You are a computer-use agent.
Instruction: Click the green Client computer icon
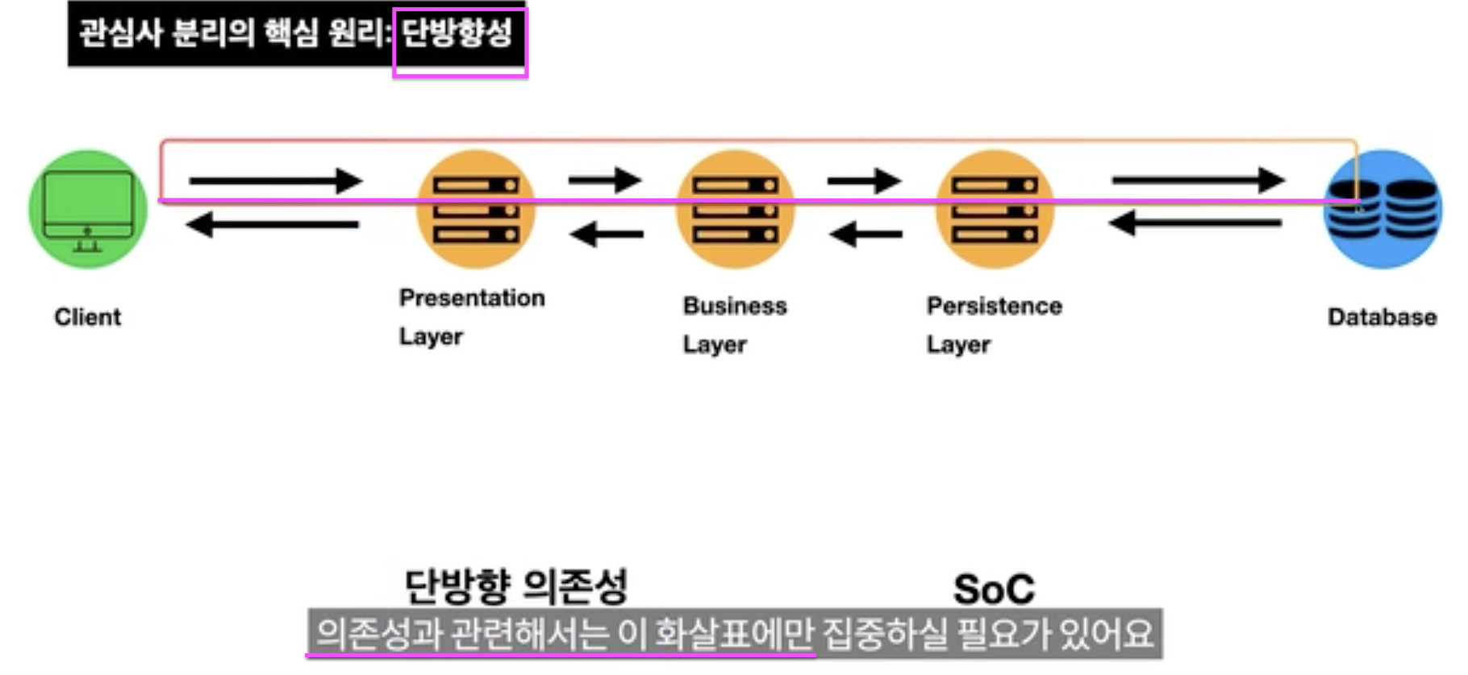pos(88,209)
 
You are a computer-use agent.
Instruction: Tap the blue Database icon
pos(1383,209)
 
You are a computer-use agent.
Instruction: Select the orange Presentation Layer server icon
pos(476,209)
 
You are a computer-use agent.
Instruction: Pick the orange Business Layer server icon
pos(735,209)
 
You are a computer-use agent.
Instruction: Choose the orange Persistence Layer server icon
pos(995,209)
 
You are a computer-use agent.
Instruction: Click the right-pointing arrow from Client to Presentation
pos(275,181)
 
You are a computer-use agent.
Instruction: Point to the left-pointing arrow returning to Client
pos(273,224)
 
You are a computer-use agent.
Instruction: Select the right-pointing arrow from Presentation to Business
pos(605,180)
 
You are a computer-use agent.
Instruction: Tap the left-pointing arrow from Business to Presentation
pos(607,235)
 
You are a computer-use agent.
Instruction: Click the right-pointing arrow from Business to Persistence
pos(864,181)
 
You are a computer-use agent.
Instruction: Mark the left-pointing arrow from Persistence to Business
pos(865,235)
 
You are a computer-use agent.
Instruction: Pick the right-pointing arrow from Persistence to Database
pos(1198,180)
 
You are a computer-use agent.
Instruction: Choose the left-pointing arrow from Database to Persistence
pos(1195,223)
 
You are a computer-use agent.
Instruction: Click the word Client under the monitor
pos(88,317)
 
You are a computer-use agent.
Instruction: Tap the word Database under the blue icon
pos(1382,317)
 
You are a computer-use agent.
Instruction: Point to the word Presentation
pos(472,298)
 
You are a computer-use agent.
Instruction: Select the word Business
pos(735,306)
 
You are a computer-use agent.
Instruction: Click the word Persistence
pos(994,306)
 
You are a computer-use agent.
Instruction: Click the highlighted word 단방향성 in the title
pos(457,34)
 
